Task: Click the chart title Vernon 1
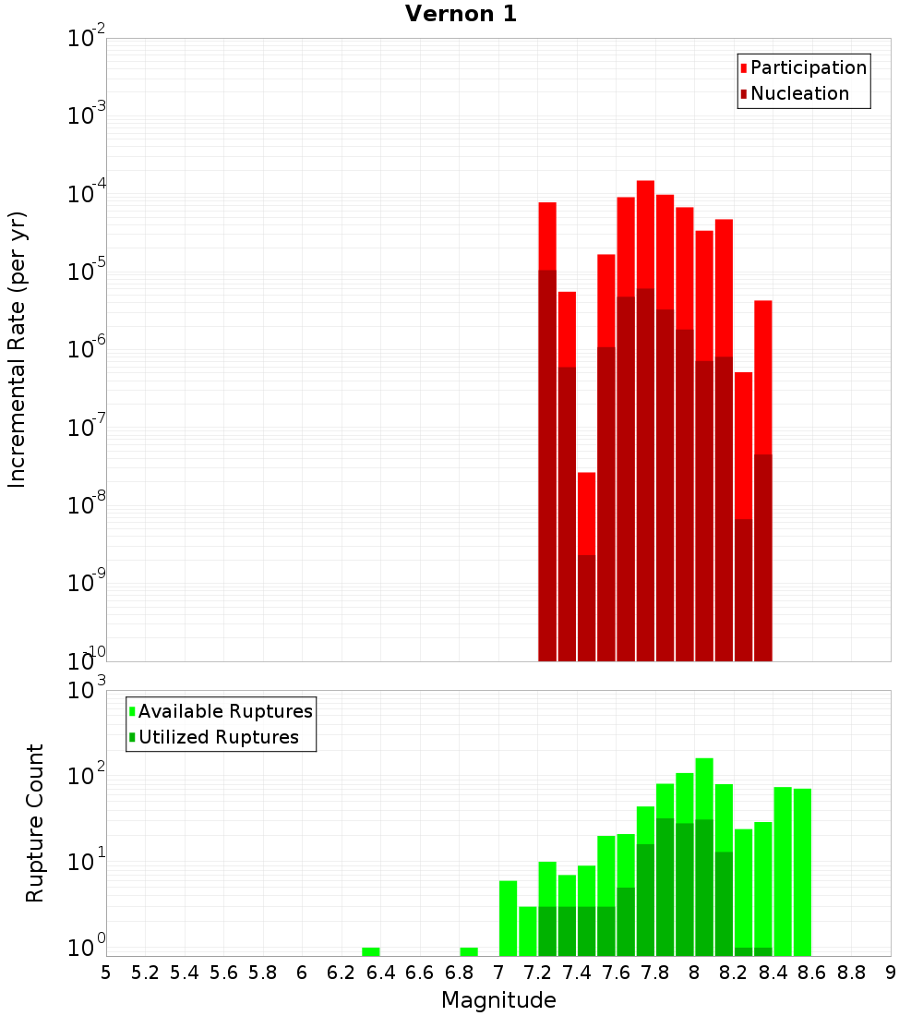[x=461, y=14]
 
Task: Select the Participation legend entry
[x=808, y=67]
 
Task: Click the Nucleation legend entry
[x=799, y=93]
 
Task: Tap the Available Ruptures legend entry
[x=225, y=711]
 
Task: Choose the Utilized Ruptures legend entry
[x=218, y=737]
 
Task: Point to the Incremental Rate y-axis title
[x=18, y=349]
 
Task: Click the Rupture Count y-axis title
[x=35, y=822]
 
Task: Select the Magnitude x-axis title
[x=498, y=999]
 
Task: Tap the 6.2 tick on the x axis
[x=341, y=973]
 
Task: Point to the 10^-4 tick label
[x=88, y=192]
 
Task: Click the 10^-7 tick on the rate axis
[x=88, y=426]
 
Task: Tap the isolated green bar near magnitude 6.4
[x=370, y=951]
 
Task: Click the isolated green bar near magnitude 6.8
[x=468, y=951]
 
